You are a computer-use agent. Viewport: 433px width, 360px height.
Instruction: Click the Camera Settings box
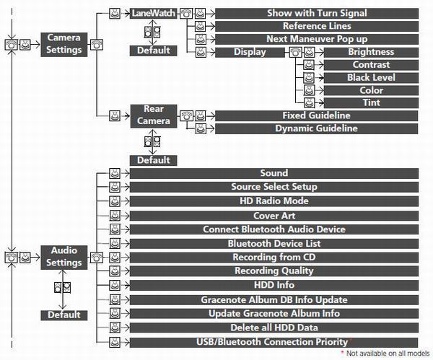pyautogui.click(x=64, y=45)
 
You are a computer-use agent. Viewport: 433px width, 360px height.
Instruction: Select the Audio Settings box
pyautogui.click(x=64, y=258)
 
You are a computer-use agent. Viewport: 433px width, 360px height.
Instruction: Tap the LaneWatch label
pyautogui.click(x=153, y=13)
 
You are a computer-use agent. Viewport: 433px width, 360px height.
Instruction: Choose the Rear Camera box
pyautogui.click(x=154, y=116)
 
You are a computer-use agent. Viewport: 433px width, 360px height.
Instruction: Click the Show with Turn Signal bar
pyautogui.click(x=317, y=13)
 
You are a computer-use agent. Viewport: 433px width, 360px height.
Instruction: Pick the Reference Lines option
pyautogui.click(x=317, y=26)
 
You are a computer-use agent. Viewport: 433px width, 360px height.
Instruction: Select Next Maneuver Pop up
pyautogui.click(x=317, y=39)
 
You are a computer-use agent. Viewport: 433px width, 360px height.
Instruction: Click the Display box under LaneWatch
pyautogui.click(x=250, y=52)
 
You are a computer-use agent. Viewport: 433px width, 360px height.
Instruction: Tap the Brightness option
pyautogui.click(x=371, y=52)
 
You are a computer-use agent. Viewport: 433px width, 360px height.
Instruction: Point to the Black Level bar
pyautogui.click(x=371, y=78)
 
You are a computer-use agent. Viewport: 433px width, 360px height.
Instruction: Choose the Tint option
pyautogui.click(x=371, y=103)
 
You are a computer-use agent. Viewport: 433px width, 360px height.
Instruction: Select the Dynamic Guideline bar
pyautogui.click(x=317, y=128)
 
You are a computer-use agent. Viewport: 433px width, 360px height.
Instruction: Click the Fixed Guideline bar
pyautogui.click(x=317, y=115)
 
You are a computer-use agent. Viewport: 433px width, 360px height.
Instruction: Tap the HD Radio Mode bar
pyautogui.click(x=274, y=201)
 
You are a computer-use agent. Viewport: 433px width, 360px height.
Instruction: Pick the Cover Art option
pyautogui.click(x=274, y=216)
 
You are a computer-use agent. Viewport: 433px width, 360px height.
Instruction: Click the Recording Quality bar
pyautogui.click(x=274, y=271)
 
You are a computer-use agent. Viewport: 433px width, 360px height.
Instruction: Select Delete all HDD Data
pyautogui.click(x=274, y=328)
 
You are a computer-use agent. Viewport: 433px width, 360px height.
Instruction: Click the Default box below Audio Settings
pyautogui.click(x=64, y=315)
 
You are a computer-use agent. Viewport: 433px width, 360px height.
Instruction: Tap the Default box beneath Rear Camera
pyautogui.click(x=154, y=160)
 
